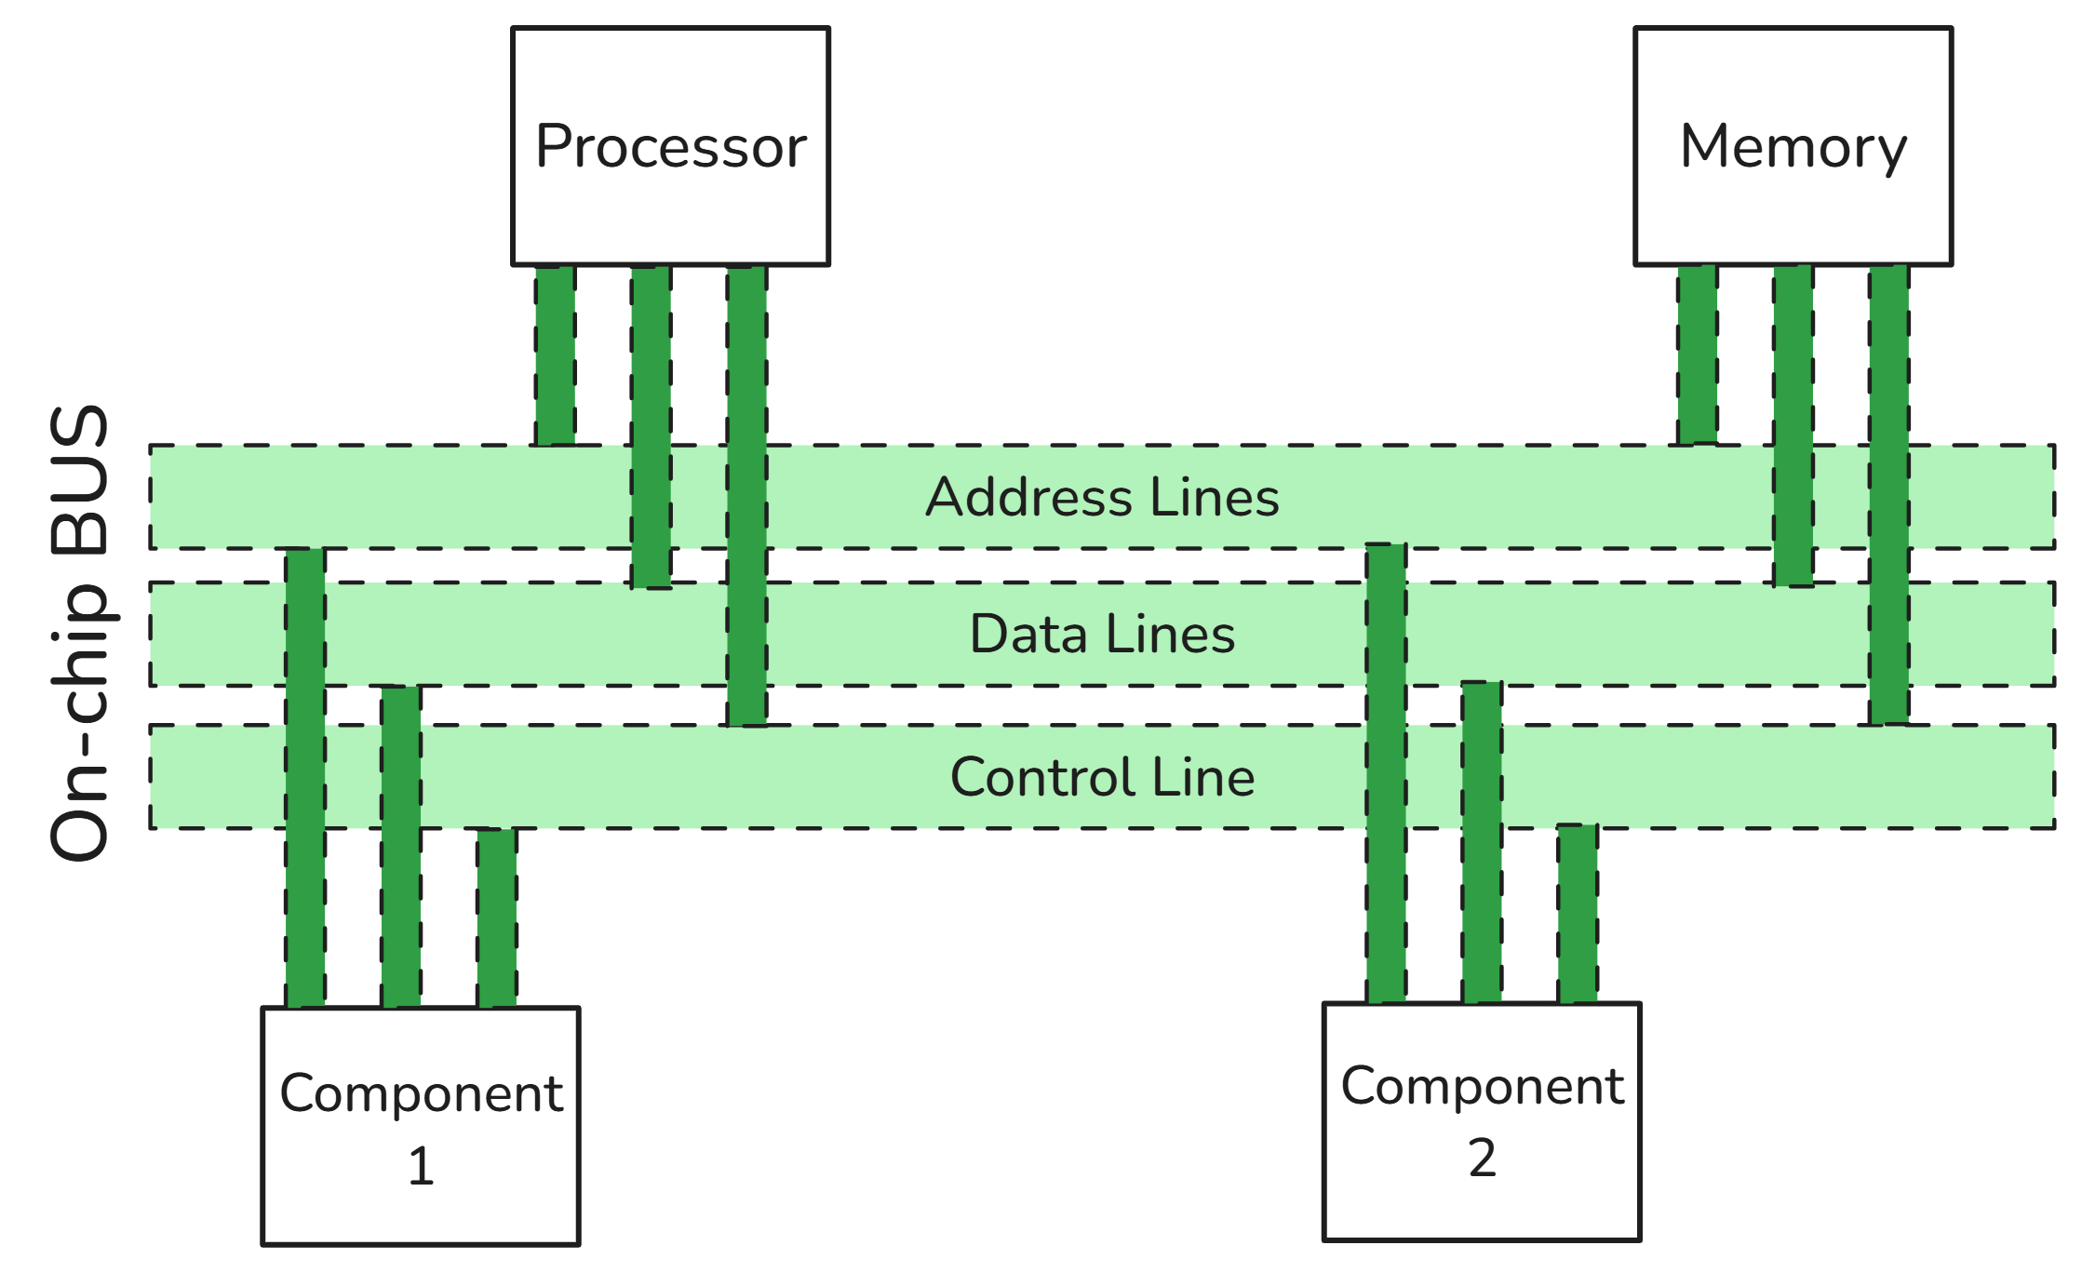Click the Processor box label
671,147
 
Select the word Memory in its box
1793,147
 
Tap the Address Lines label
1102,497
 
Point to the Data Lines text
1102,635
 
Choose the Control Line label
1102,777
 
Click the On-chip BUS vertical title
80,633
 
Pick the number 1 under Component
421,1166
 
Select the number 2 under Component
1482,1158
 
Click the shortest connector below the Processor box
556,355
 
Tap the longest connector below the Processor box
747,495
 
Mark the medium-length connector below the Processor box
651,427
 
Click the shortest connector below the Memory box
1698,355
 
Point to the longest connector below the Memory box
1889,494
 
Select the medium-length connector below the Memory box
1793,425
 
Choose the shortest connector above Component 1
497,917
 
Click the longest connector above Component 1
305,778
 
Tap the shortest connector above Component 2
1578,914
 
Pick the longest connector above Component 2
1386,773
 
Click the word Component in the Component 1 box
421,1093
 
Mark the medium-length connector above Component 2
1482,842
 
